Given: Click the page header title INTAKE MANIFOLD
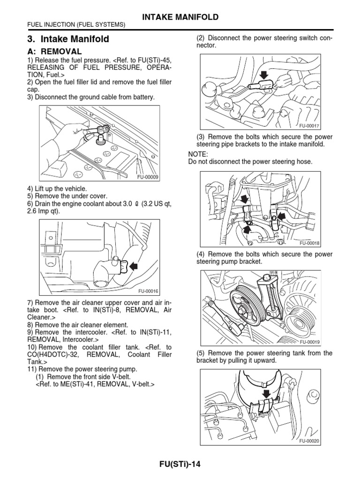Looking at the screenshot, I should (180, 17).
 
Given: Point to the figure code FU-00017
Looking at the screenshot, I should (309, 126).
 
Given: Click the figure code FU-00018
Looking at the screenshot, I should (309, 243).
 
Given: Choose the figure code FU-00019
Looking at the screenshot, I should (309, 342).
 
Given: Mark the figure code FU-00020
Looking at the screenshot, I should (309, 441).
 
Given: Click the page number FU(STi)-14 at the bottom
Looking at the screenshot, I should (180, 465).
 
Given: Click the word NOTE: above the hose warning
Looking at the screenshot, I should (197, 154).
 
